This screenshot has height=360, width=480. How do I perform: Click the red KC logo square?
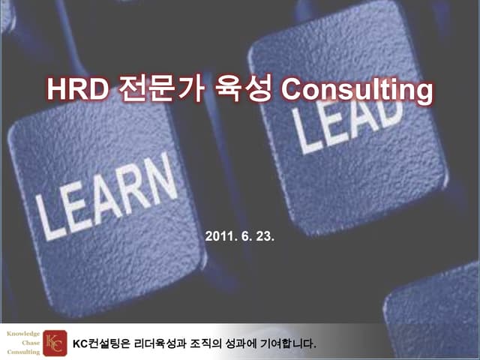[x=54, y=343]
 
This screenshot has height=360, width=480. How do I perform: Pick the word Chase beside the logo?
[x=30, y=343]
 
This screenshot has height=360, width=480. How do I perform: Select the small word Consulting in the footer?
[x=23, y=352]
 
